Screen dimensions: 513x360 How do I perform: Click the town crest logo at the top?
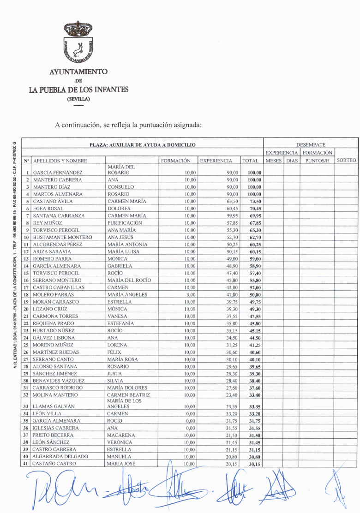coord(78,42)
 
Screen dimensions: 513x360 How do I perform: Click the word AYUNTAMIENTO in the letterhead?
coord(78,72)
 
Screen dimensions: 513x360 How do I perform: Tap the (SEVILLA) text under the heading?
coord(78,99)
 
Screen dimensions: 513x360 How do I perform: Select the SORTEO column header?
coord(347,161)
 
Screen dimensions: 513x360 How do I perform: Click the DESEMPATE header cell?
coord(311,145)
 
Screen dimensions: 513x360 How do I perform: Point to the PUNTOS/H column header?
coord(317,161)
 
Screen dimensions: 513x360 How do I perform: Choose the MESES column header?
coord(273,161)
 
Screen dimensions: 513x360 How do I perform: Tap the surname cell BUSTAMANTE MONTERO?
coord(62,237)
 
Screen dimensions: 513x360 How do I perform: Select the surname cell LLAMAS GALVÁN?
coord(54,406)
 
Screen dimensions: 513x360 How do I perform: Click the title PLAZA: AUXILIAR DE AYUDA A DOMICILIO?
coord(142,145)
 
